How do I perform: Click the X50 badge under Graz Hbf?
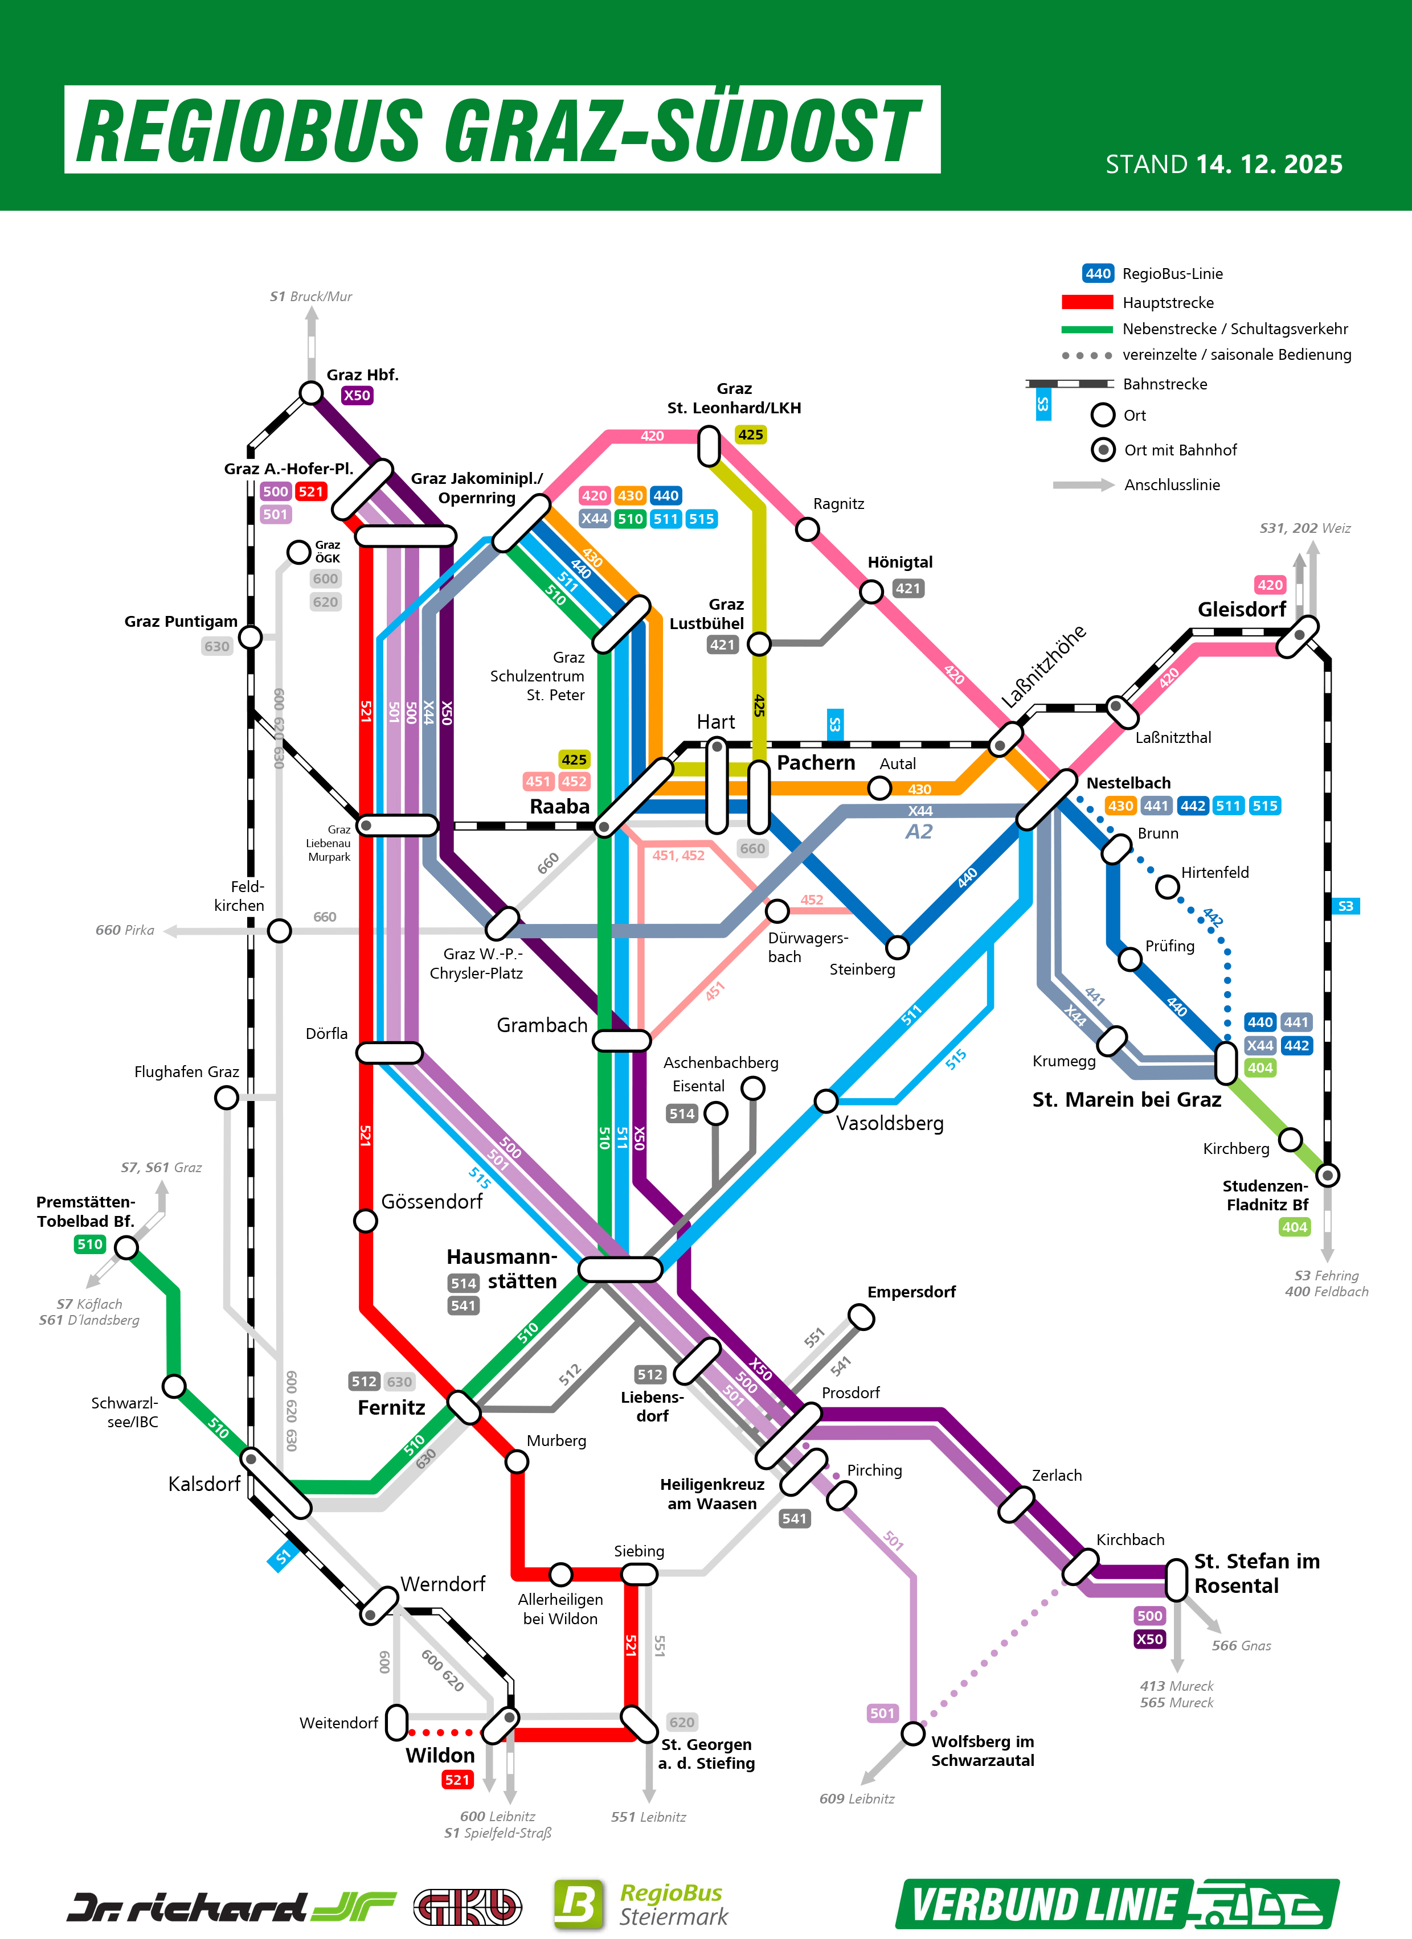pos(357,395)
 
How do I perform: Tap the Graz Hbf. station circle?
pos(312,392)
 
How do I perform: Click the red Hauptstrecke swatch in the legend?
pos(1086,302)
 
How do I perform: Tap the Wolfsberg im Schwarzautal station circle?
pos(914,1733)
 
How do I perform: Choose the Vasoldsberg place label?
pos(890,1123)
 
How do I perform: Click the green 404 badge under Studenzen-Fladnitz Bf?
pos(1294,1227)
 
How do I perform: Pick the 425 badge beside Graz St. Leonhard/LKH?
pos(750,434)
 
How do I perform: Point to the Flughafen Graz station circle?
pos(227,1097)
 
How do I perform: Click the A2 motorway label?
pos(919,832)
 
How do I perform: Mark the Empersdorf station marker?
pos(861,1317)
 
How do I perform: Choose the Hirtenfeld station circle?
pos(1168,886)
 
